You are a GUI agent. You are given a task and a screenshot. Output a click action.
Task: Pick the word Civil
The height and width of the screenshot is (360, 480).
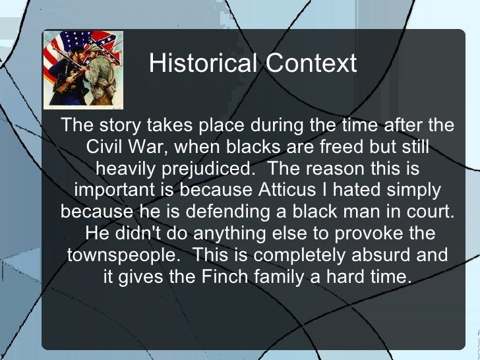click(x=105, y=146)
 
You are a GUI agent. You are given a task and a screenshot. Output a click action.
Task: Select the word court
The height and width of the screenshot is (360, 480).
click(x=431, y=212)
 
